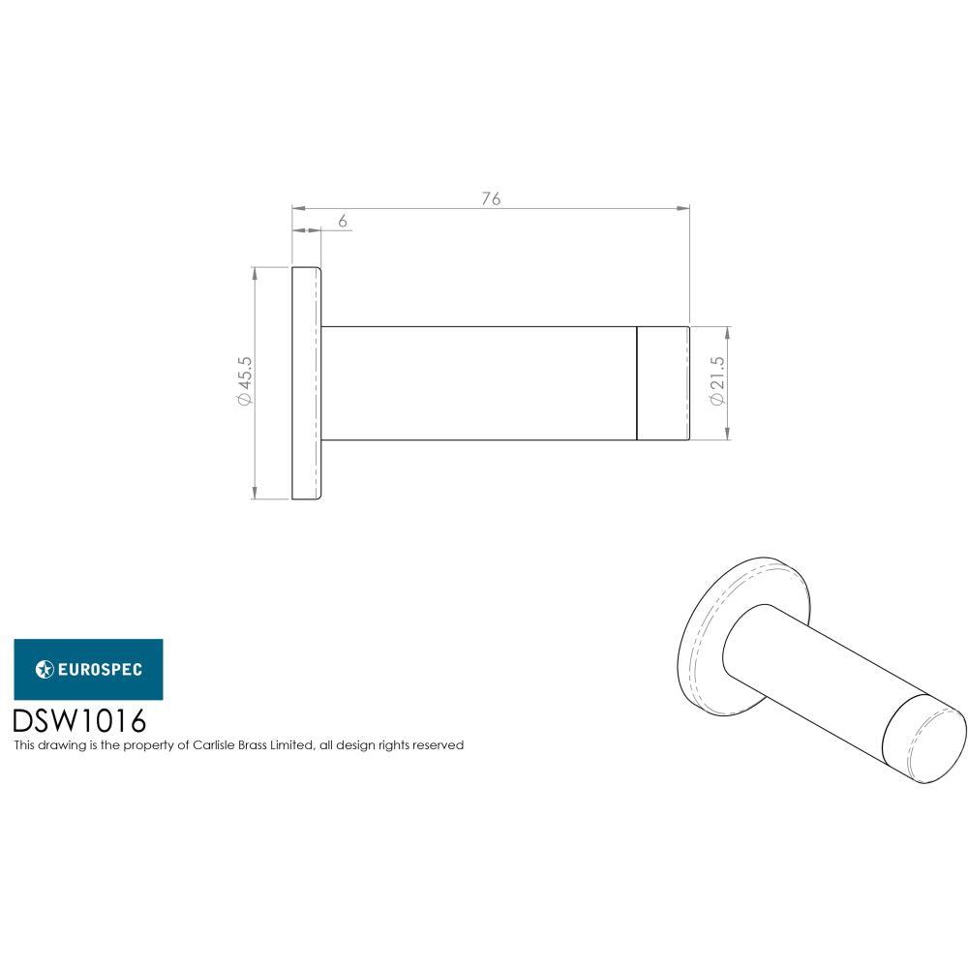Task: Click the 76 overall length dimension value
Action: tap(491, 198)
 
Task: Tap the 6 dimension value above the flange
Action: tap(343, 221)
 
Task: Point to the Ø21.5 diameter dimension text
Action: tap(717, 381)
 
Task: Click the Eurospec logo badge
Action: tap(88, 669)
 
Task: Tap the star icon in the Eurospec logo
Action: tap(45, 669)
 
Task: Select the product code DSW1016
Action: tap(78, 722)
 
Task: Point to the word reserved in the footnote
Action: tap(439, 745)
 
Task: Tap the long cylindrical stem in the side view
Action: tap(478, 383)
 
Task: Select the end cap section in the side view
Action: tap(663, 383)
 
